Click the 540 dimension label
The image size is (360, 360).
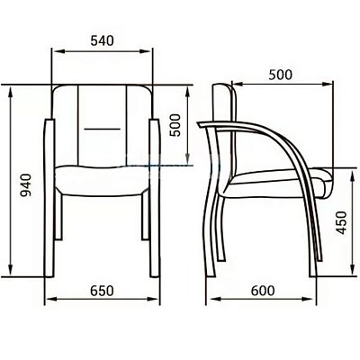(103, 40)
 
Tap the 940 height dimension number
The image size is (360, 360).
(25, 185)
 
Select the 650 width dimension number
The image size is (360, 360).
(103, 291)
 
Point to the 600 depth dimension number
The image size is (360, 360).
(263, 291)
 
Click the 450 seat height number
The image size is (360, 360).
(341, 222)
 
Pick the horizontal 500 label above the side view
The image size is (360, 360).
(280, 75)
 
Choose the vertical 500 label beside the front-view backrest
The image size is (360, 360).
(175, 125)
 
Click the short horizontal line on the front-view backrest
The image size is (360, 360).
(103, 129)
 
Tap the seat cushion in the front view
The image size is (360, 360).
(103, 181)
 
